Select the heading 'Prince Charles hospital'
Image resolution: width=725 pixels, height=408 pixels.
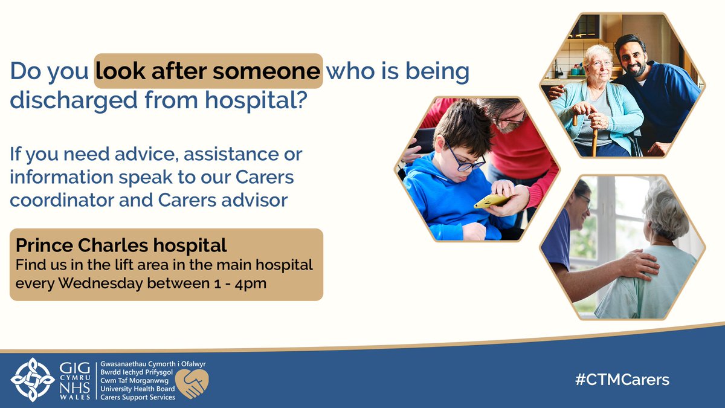click(121, 245)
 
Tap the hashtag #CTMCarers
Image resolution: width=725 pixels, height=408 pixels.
click(622, 380)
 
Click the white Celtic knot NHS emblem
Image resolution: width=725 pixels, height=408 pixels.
click(33, 380)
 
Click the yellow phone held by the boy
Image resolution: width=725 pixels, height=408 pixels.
click(491, 201)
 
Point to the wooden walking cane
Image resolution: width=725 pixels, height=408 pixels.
click(594, 136)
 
